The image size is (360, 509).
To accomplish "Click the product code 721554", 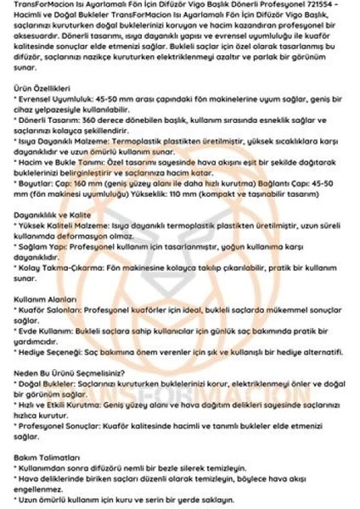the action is (330, 5).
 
